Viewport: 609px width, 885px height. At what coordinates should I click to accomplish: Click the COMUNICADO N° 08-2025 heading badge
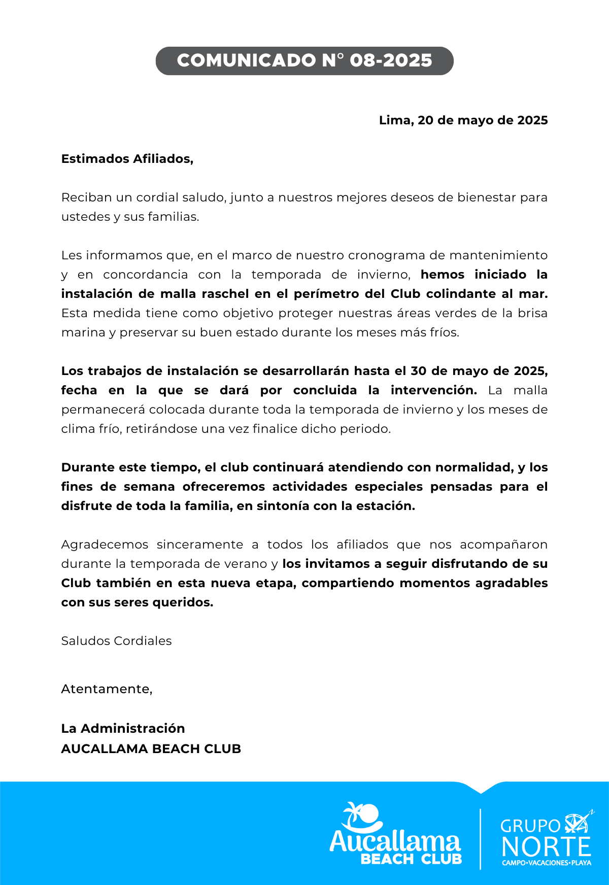click(x=304, y=61)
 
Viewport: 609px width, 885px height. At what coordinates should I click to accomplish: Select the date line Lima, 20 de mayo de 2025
click(x=463, y=120)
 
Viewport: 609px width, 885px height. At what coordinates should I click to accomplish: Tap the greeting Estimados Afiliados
click(x=127, y=159)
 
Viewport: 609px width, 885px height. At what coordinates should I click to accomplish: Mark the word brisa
click(x=532, y=313)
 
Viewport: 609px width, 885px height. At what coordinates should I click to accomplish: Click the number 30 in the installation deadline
click(x=418, y=371)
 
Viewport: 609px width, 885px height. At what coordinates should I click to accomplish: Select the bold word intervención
click(x=433, y=390)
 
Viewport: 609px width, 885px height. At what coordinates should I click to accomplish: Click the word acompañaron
click(x=503, y=544)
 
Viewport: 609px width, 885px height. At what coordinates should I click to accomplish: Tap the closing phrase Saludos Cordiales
click(x=116, y=641)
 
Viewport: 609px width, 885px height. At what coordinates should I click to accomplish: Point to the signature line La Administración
click(x=123, y=729)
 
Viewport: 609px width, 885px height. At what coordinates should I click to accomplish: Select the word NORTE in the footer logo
click(x=546, y=847)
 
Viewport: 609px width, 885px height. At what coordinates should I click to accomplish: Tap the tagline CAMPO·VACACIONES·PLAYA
click(x=546, y=863)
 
